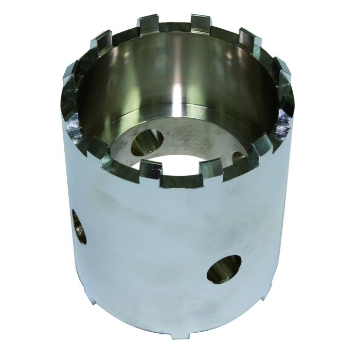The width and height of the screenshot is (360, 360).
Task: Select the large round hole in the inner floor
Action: [147, 142]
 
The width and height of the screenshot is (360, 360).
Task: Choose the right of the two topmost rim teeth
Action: [200, 22]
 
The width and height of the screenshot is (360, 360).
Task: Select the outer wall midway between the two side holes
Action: [149, 247]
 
